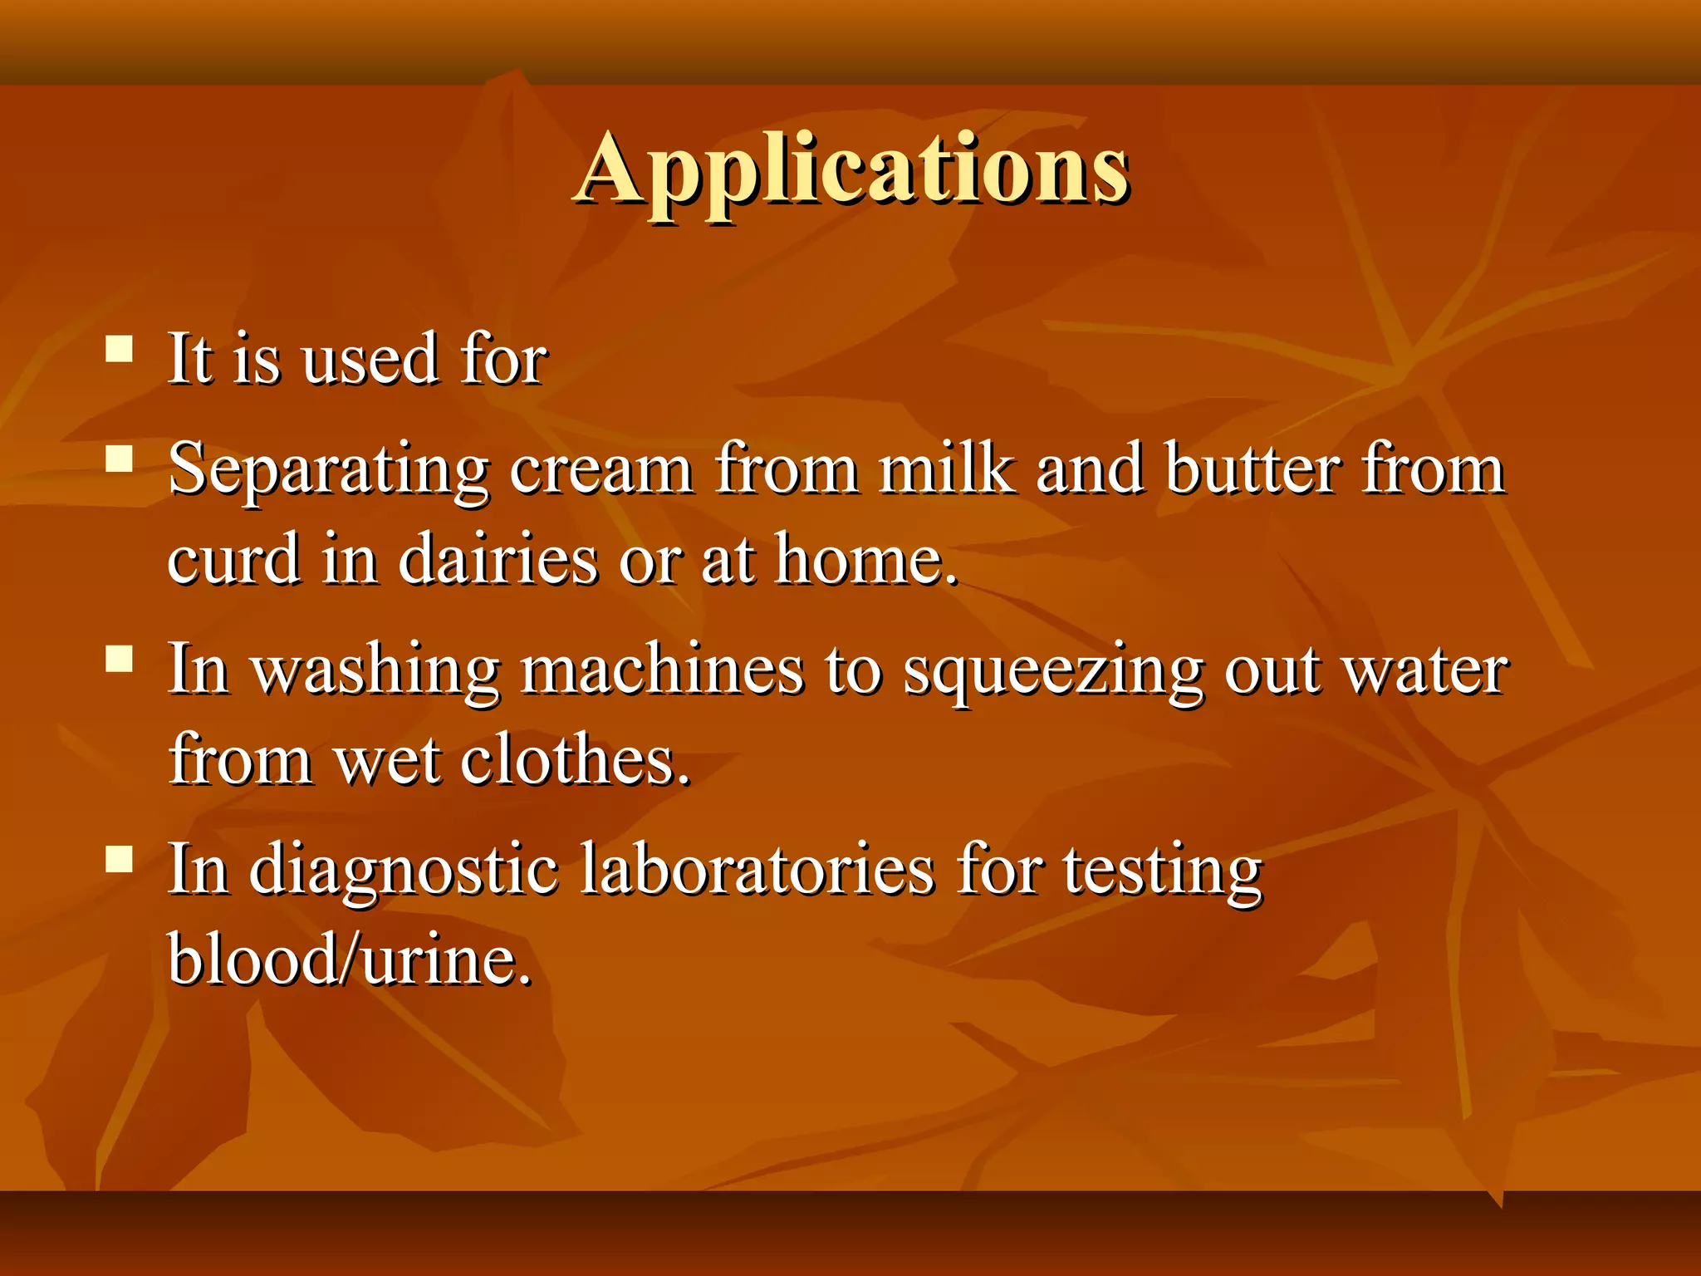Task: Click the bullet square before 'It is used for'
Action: (120, 349)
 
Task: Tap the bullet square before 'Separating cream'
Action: (120, 459)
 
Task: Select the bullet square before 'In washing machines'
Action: (120, 659)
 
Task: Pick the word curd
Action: (234, 559)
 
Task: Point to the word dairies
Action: (498, 559)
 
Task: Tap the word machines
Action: (662, 670)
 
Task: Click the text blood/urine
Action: (349, 959)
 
